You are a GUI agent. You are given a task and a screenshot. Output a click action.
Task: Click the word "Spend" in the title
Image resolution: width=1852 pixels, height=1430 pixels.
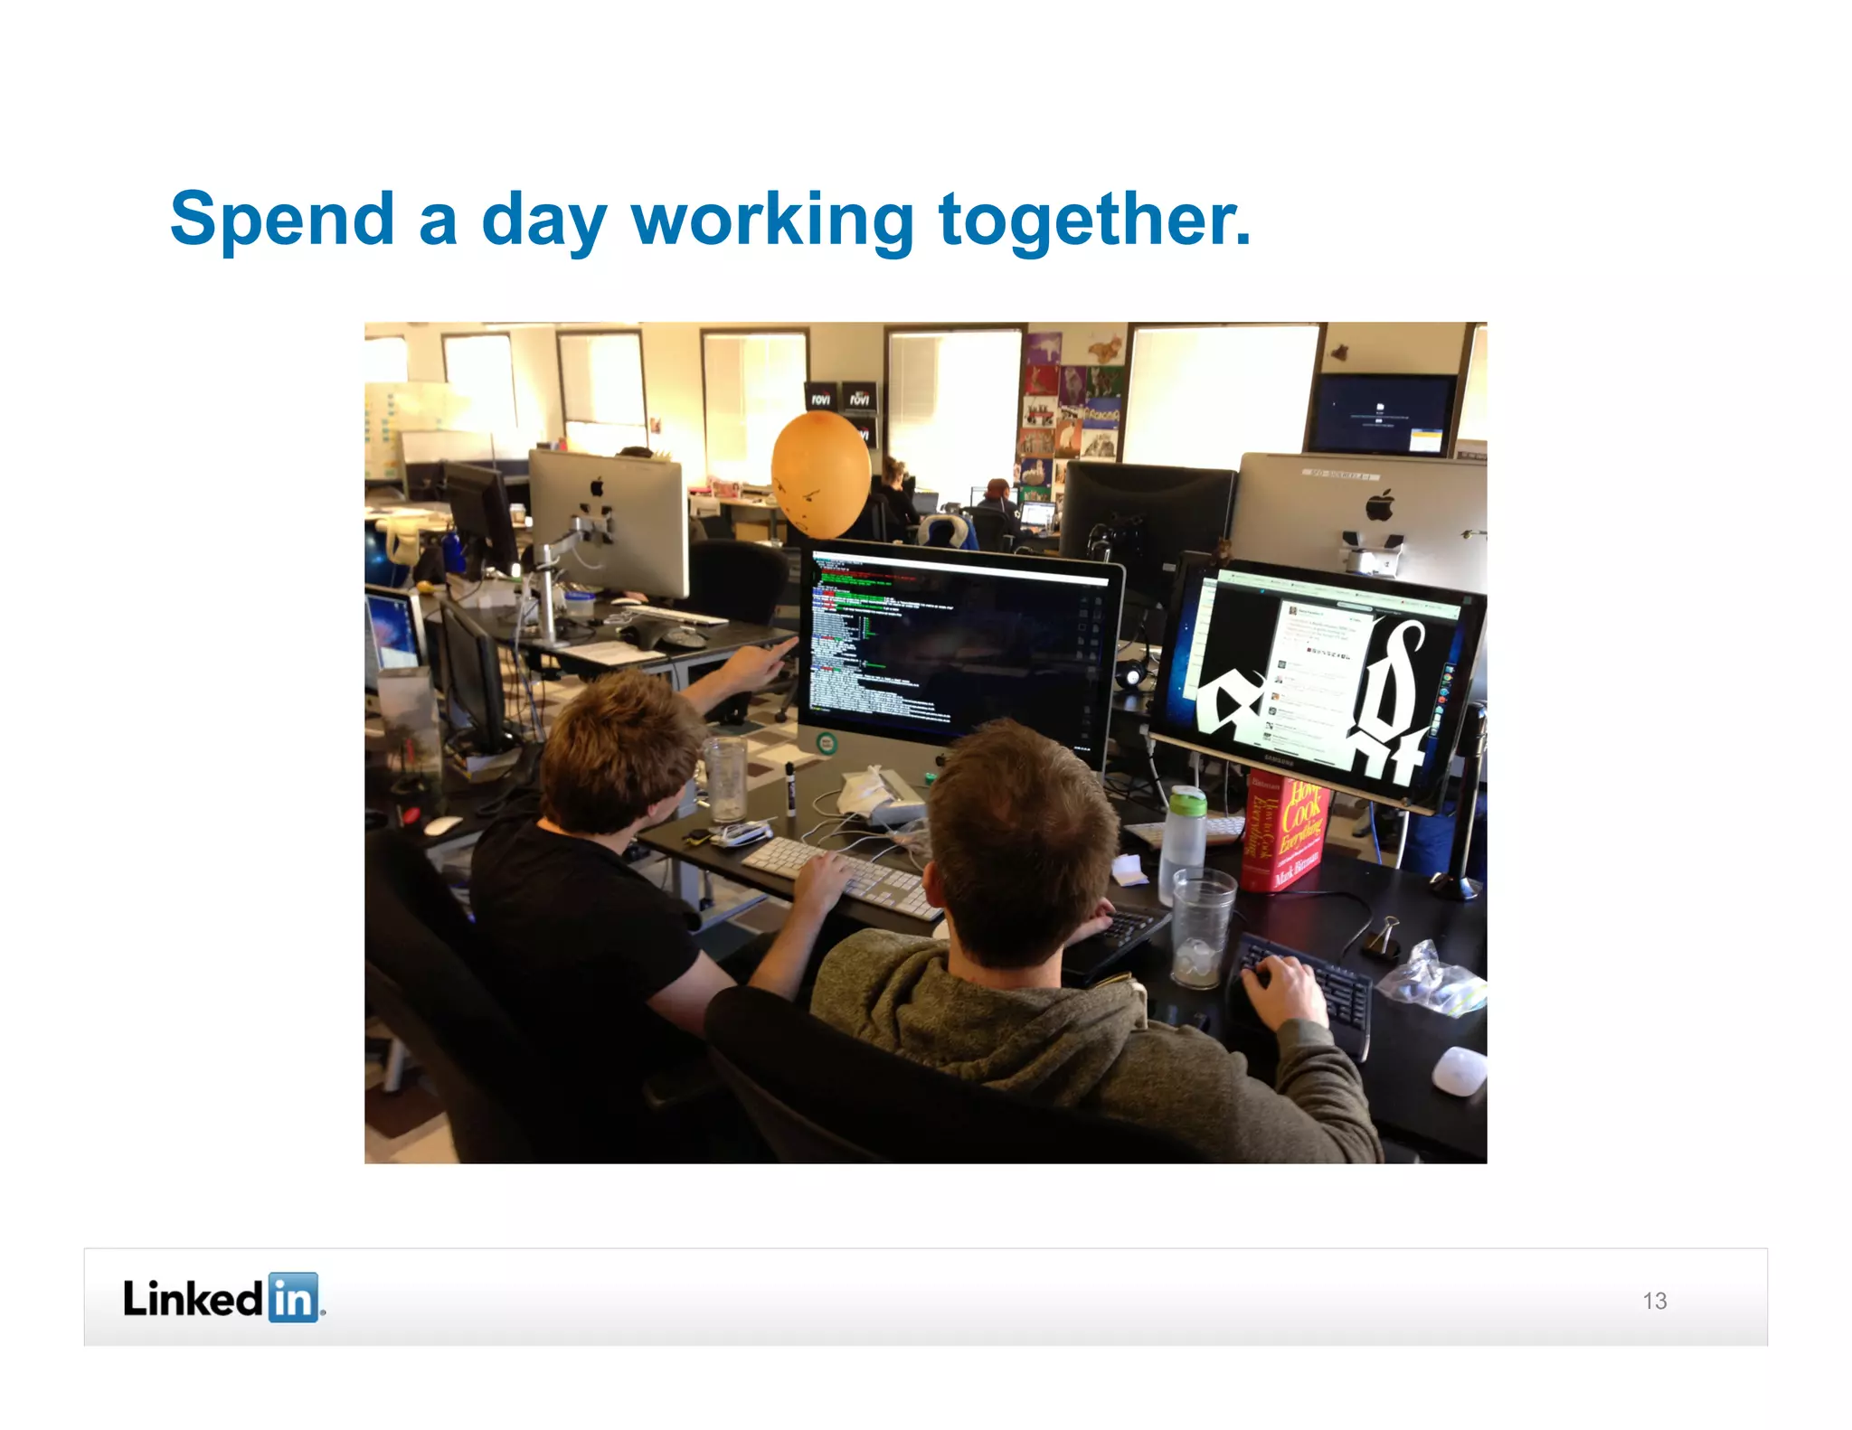pyautogui.click(x=282, y=220)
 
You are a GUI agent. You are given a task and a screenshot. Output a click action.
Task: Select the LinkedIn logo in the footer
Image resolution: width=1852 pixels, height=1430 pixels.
pyautogui.click(x=223, y=1298)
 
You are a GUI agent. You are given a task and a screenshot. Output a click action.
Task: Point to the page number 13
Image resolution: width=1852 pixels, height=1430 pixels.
pyautogui.click(x=1654, y=1300)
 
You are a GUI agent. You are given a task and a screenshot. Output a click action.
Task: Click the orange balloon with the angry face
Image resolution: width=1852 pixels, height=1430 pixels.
pyautogui.click(x=820, y=475)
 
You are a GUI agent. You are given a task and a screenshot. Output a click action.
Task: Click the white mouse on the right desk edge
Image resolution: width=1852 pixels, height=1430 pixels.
pyautogui.click(x=1459, y=1070)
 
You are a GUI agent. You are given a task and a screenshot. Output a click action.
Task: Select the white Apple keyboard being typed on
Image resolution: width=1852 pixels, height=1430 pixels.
pyautogui.click(x=841, y=874)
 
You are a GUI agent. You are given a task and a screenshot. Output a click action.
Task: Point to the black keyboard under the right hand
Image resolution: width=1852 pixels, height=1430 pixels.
pyautogui.click(x=1302, y=990)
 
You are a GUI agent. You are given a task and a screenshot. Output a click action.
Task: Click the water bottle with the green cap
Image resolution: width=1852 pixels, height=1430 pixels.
pyautogui.click(x=1185, y=832)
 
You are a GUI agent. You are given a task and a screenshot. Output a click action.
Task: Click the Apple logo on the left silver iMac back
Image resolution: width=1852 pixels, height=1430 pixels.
pyautogui.click(x=597, y=488)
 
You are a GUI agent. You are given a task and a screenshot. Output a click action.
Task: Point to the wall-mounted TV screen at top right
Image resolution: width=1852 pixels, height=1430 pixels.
pyautogui.click(x=1384, y=413)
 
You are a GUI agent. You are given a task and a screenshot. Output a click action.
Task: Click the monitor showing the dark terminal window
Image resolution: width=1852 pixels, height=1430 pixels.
pyautogui.click(x=959, y=651)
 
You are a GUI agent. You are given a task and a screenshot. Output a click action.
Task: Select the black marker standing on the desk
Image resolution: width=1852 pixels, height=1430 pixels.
pyautogui.click(x=790, y=788)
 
